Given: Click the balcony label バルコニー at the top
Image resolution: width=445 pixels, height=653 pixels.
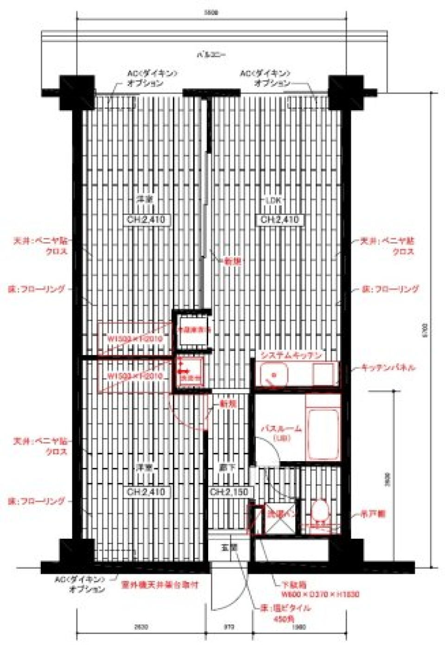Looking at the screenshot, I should coord(211,55).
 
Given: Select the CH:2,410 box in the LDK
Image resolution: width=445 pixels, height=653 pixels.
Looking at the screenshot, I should coord(280,219).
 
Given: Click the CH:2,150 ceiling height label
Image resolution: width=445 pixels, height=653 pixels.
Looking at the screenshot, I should coord(229,491).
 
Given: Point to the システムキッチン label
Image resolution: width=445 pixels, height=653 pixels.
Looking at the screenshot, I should coord(291,356).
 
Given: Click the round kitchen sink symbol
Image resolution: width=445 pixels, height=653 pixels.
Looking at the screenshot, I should coord(274,374).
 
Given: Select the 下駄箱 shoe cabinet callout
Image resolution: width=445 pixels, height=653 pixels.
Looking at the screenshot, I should coord(295,584).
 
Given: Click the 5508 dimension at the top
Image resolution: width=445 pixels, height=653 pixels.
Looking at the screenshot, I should coord(211,13).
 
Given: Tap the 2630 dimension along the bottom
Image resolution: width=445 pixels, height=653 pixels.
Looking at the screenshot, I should coord(141,627).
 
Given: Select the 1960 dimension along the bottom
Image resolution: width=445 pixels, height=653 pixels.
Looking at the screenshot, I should coord(299,627).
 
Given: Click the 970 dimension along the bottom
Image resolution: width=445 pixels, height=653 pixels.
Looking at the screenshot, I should coord(229,627).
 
